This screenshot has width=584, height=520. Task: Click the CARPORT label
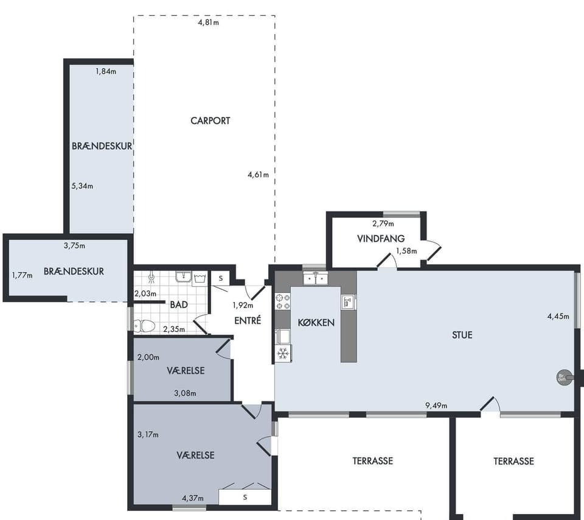coord(210,121)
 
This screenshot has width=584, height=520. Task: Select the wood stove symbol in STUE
coord(562,378)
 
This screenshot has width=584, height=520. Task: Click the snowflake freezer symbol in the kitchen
coord(283,353)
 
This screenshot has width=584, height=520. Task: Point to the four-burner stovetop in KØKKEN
coord(283,301)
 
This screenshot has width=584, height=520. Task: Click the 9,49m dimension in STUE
coord(436,405)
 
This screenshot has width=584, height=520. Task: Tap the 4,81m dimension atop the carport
coord(208,23)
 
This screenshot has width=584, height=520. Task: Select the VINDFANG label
coord(381,239)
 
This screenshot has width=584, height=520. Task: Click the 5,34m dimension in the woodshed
coord(82,186)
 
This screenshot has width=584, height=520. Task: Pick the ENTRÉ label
coord(248,320)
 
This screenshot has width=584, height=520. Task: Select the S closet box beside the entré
coord(221,278)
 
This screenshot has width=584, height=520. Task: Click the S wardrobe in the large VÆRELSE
coord(245,497)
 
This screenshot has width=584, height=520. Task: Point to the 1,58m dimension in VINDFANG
coord(406,251)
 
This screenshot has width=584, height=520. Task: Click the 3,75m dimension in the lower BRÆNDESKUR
coord(74,245)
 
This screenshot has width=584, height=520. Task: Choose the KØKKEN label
coord(316,323)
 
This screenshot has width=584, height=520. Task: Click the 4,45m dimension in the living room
coord(558,317)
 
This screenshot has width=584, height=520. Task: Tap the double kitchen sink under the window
coord(316,278)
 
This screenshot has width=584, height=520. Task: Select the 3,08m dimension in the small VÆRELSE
coord(185,393)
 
